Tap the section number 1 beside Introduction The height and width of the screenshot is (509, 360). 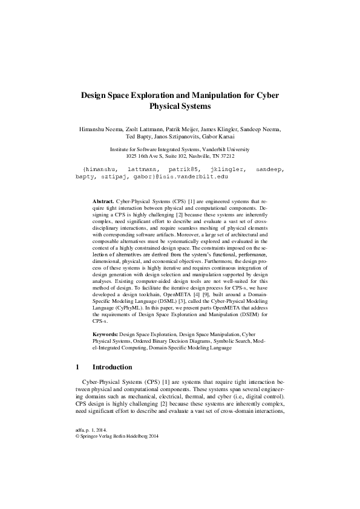(77, 366)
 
